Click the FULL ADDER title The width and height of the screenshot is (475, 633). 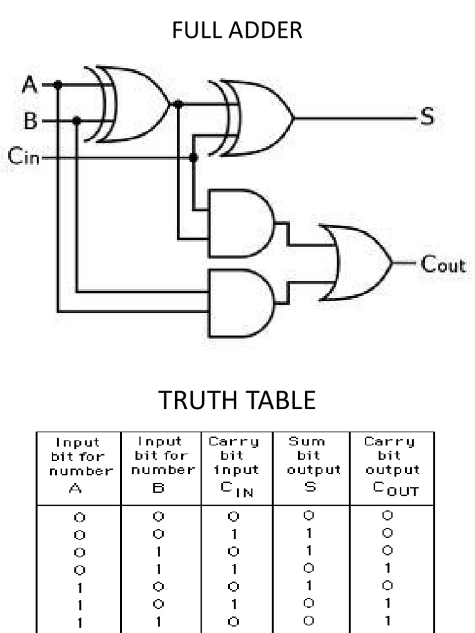pyautogui.click(x=237, y=30)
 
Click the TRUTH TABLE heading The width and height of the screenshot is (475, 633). pyautogui.click(x=237, y=400)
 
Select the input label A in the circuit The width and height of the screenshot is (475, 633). pyautogui.click(x=29, y=85)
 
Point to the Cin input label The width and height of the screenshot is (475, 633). pyautogui.click(x=24, y=158)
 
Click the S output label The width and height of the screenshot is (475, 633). pyautogui.click(x=427, y=117)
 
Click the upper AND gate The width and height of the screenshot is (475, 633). pyautogui.click(x=240, y=223)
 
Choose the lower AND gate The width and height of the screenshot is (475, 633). pyautogui.click(x=240, y=302)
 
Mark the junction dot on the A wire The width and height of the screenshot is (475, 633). pyautogui.click(x=58, y=85)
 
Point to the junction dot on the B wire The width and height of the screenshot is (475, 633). pyautogui.click(x=77, y=121)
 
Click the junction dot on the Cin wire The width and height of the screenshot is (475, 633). pyautogui.click(x=193, y=158)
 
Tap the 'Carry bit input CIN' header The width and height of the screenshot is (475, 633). pyautogui.click(x=236, y=467)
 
